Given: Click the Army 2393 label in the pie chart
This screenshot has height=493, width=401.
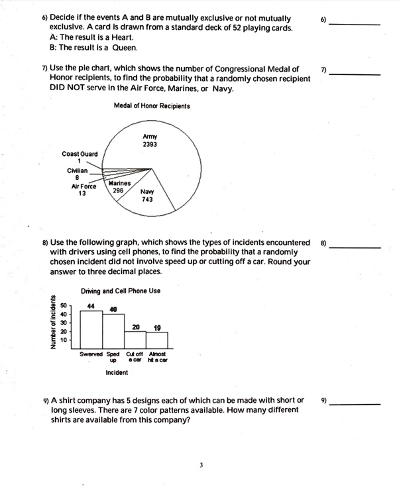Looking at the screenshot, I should pyautogui.click(x=149, y=140).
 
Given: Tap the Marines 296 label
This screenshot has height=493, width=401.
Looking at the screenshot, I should pyautogui.click(x=119, y=186).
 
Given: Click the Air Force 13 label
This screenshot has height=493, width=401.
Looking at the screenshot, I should pyautogui.click(x=83, y=190).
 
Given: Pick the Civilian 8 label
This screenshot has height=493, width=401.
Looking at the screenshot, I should pyautogui.click(x=79, y=174).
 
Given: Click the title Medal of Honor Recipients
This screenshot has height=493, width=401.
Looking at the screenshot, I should pyautogui.click(x=152, y=106).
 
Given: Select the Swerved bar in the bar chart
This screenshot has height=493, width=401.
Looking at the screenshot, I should pyautogui.click(x=91, y=329).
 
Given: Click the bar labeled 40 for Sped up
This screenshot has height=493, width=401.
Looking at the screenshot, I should pyautogui.click(x=113, y=331).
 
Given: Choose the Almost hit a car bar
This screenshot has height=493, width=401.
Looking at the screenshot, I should pyautogui.click(x=157, y=340).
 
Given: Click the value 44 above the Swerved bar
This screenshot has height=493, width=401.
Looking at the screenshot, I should pyautogui.click(x=91, y=305).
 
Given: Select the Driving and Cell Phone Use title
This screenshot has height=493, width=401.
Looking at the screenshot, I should pyautogui.click(x=121, y=291).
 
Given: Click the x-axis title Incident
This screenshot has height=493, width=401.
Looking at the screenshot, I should pyautogui.click(x=117, y=373).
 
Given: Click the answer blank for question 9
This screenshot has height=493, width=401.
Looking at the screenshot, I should pyautogui.click(x=357, y=403).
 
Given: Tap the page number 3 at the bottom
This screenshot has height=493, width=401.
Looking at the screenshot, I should pyautogui.click(x=200, y=464).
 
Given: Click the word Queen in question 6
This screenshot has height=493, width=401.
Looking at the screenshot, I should pyautogui.click(x=125, y=48).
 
